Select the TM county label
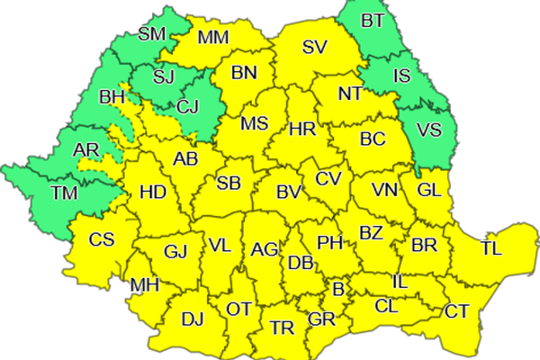click(x=66, y=193)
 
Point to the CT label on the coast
click(x=456, y=311)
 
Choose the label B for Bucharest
click(x=338, y=290)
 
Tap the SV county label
click(x=314, y=48)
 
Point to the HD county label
click(x=153, y=192)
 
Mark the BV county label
click(x=287, y=191)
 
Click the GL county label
click(x=429, y=190)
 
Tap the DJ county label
click(x=193, y=318)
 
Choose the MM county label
click(x=213, y=38)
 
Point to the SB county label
click(x=229, y=184)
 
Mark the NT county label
click(x=351, y=94)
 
